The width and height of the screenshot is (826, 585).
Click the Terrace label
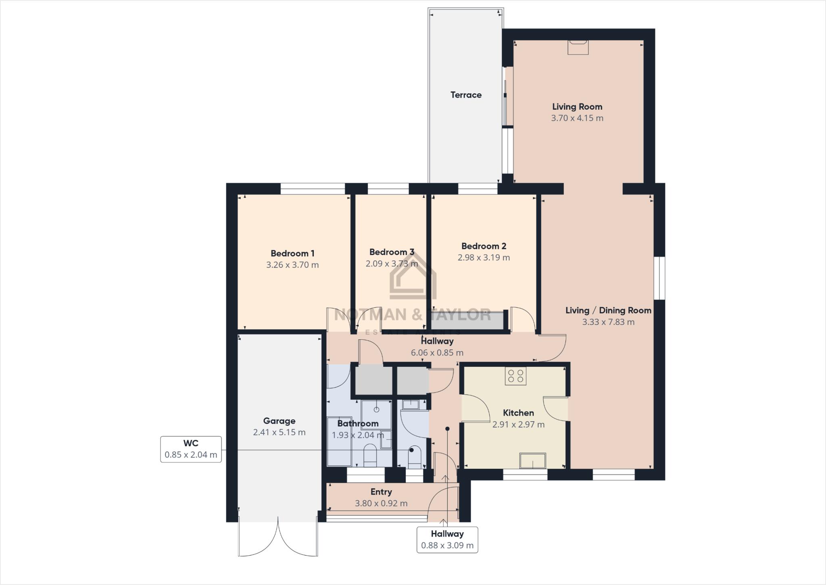(x=466, y=95)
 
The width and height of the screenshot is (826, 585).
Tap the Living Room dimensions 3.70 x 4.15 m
(x=577, y=118)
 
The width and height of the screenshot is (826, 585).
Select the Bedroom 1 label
(x=292, y=253)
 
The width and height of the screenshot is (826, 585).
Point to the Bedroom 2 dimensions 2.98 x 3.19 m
(x=484, y=257)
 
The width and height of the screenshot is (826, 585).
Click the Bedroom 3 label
(x=392, y=252)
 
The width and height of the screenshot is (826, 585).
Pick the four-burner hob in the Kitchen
(x=515, y=376)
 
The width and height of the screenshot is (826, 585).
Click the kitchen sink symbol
(x=532, y=460)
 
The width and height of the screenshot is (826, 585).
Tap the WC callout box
(x=191, y=449)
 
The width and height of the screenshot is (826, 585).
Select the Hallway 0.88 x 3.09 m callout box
(x=447, y=539)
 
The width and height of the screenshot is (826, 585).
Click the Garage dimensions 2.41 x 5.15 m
(x=279, y=432)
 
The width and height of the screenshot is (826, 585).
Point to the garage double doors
(x=278, y=539)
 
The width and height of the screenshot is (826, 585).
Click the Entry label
(x=381, y=492)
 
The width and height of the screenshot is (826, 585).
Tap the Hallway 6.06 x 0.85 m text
(x=437, y=353)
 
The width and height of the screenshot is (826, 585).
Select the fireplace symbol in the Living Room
(x=578, y=47)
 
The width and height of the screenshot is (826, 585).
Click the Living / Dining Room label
(x=608, y=310)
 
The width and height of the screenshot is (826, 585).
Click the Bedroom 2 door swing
(x=522, y=320)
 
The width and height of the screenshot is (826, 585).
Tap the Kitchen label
(x=518, y=413)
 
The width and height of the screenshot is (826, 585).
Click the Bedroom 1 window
(x=313, y=189)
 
